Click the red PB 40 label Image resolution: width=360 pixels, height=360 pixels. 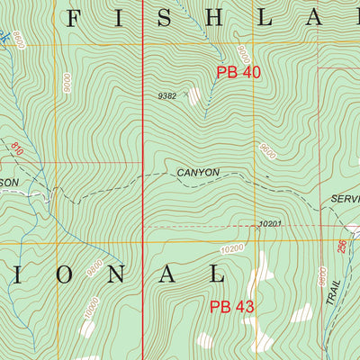[x=238, y=72]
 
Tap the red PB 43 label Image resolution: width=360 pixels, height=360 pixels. [x=232, y=307]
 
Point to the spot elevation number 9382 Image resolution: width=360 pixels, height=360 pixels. [x=166, y=94]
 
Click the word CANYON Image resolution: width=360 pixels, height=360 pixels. [x=197, y=171]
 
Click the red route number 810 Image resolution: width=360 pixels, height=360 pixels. [x=15, y=146]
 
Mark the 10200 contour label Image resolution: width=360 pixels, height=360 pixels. [x=231, y=247]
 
